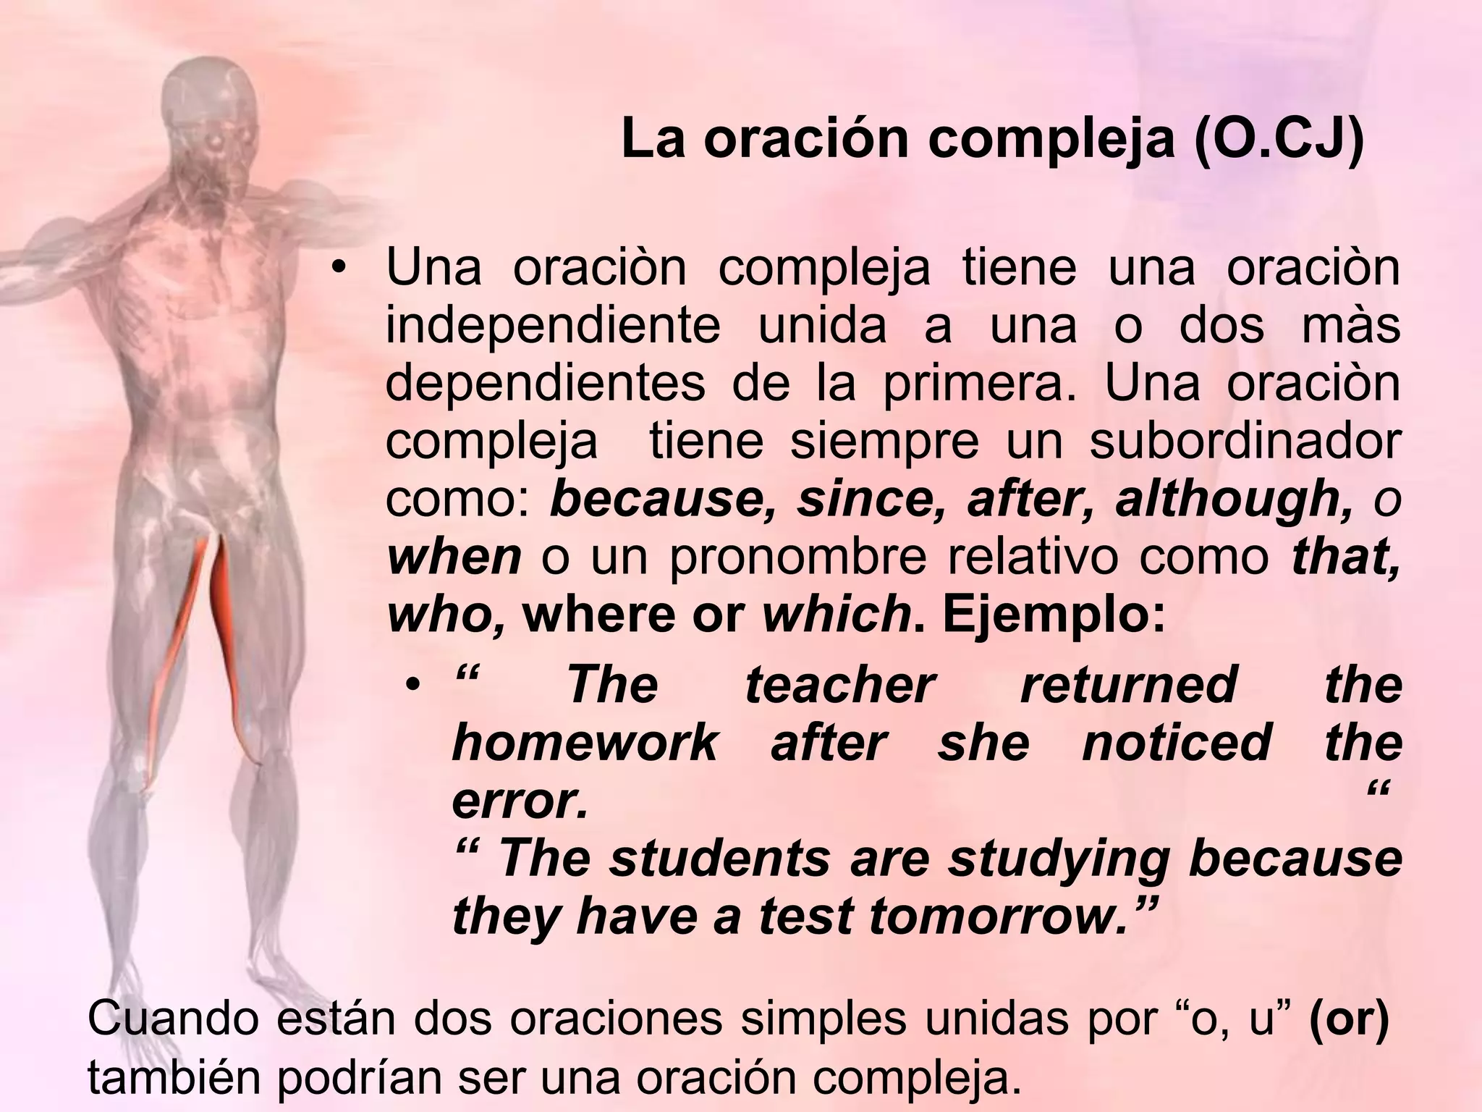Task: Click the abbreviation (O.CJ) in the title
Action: [x=1279, y=139]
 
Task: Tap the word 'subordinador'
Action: [x=1245, y=442]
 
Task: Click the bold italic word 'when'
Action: [x=454, y=557]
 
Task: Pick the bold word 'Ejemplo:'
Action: [x=1054, y=615]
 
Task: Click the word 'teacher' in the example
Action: [x=840, y=686]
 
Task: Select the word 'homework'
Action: [x=585, y=744]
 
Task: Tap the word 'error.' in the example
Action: [x=520, y=801]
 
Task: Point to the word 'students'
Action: [x=720, y=859]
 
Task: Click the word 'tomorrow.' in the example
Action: [x=999, y=917]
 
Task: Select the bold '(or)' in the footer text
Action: [x=1349, y=1019]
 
